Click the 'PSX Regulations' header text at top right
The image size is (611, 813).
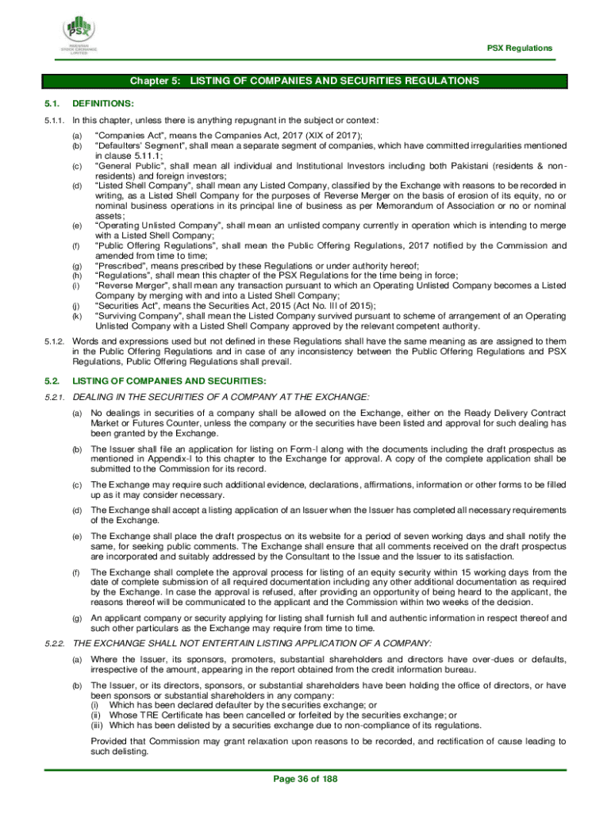tap(519, 48)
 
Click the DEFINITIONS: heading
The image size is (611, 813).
tap(102, 103)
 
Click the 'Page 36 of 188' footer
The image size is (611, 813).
tap(305, 779)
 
